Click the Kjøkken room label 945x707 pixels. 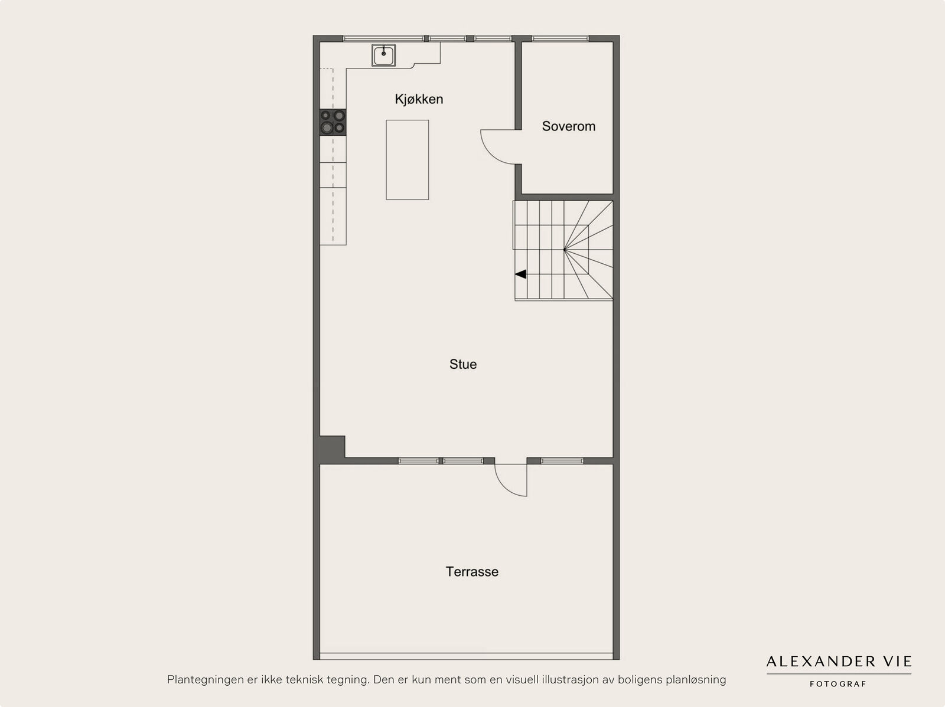click(x=419, y=99)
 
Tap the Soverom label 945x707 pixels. click(x=568, y=126)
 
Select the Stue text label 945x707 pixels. click(x=463, y=364)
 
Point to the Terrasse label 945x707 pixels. click(x=472, y=571)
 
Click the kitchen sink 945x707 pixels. click(x=383, y=55)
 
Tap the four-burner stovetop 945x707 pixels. click(x=333, y=122)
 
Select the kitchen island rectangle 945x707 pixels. click(x=408, y=160)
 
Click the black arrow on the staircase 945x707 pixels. click(x=520, y=274)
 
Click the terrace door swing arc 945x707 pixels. click(x=504, y=487)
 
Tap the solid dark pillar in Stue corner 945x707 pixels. click(x=332, y=449)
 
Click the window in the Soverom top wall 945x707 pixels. click(x=560, y=39)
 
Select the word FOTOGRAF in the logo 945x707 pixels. click(x=838, y=684)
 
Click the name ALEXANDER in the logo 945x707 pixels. click(x=820, y=662)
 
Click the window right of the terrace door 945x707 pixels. click(x=562, y=461)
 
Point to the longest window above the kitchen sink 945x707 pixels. click(x=383, y=39)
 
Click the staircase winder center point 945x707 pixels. click(x=565, y=250)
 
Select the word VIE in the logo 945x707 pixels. click(x=900, y=662)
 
